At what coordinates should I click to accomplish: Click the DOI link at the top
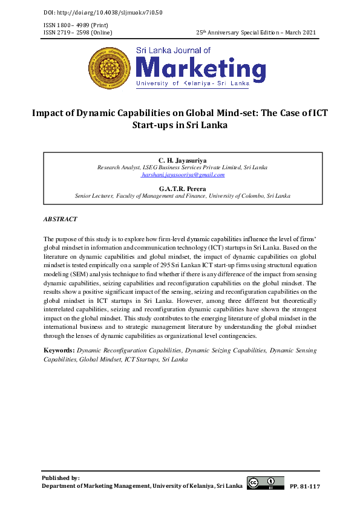click(103, 12)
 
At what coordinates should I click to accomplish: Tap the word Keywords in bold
click(59, 350)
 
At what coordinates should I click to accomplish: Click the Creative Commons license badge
click(265, 482)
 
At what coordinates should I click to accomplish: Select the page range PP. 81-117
click(305, 486)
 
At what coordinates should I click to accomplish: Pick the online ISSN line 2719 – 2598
click(78, 31)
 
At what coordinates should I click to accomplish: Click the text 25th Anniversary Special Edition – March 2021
click(257, 31)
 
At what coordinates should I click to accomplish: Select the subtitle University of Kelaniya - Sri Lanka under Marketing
click(192, 82)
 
